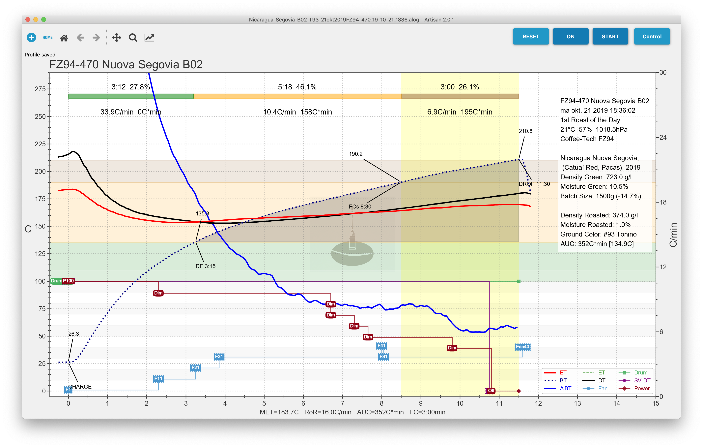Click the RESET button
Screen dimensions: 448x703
click(x=530, y=37)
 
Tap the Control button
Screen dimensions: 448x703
click(x=652, y=37)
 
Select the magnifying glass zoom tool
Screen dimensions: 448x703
click(x=133, y=37)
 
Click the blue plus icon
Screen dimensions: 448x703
click(x=31, y=37)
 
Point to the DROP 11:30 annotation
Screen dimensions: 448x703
click(x=534, y=184)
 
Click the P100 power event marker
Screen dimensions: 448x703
click(x=68, y=281)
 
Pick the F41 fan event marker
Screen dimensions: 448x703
click(x=381, y=346)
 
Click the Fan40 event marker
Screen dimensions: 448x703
click(x=522, y=347)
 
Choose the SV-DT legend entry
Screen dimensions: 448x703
click(x=642, y=380)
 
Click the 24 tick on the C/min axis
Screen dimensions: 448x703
click(x=663, y=137)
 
